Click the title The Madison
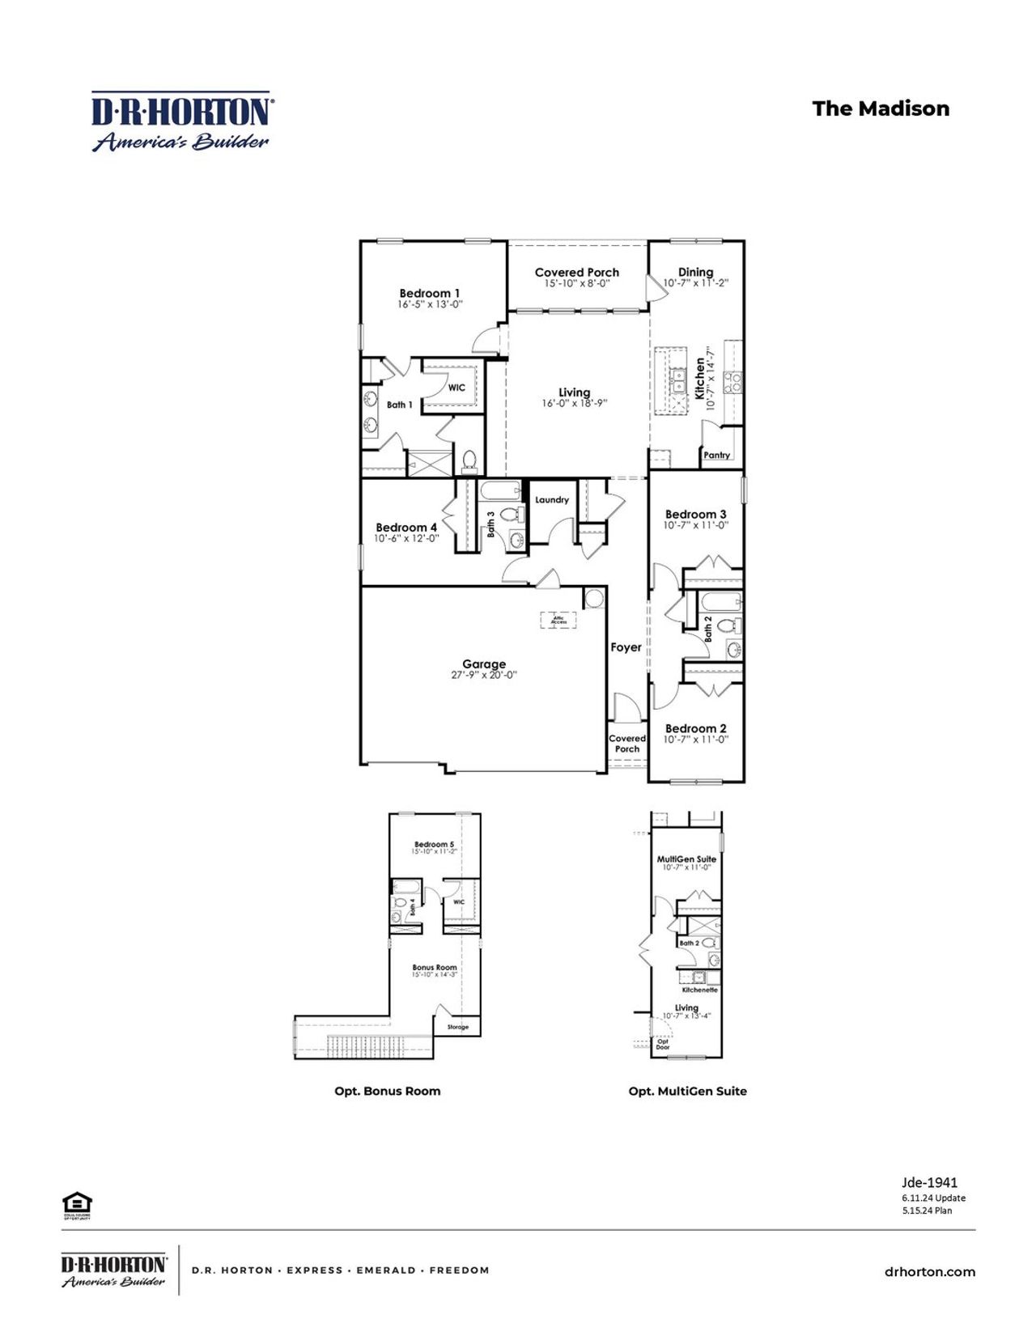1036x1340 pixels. click(x=881, y=108)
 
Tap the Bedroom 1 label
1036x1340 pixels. click(x=430, y=294)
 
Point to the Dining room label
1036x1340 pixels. click(x=695, y=273)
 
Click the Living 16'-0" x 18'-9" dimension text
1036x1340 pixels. click(x=574, y=403)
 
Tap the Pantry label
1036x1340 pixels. click(x=716, y=456)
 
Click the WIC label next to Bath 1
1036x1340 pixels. click(x=456, y=388)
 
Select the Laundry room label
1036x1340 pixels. click(x=552, y=500)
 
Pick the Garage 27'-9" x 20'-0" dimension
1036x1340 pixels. click(x=484, y=675)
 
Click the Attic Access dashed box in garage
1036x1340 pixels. click(x=558, y=620)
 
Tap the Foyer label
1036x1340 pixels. click(x=626, y=647)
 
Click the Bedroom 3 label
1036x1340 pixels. click(x=695, y=515)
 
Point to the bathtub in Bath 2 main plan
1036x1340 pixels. click(x=720, y=601)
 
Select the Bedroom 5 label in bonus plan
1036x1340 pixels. click(x=434, y=844)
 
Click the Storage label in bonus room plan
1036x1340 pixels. click(x=458, y=1027)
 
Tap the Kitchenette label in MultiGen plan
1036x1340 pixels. click(x=699, y=990)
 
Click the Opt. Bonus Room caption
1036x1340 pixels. click(x=388, y=1091)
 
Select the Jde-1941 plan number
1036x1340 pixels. click(x=929, y=1182)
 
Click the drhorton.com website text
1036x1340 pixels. click(x=929, y=1272)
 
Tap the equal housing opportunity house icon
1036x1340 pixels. click(x=77, y=1202)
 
